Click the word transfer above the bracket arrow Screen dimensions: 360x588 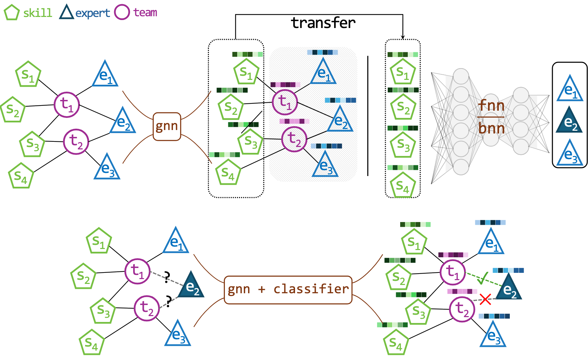pos(323,23)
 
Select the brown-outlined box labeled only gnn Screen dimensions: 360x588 pos(167,126)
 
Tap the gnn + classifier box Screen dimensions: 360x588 pos(288,289)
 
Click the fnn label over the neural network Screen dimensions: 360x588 pos(491,105)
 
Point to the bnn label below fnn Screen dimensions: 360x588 pos(491,128)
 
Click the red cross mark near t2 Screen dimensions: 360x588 pos(486,299)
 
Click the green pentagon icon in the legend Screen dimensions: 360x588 pos(11,12)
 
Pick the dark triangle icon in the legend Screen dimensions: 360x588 pos(66,13)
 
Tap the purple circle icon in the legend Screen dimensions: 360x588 pos(122,12)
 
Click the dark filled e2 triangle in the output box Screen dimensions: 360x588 pos(569,121)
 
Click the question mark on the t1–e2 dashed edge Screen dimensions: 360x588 pos(167,277)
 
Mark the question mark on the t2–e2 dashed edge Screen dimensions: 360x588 pos(168,301)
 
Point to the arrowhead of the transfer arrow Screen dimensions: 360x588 pos(403,37)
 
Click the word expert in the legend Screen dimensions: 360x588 pos(93,13)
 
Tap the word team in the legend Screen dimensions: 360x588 pos(145,12)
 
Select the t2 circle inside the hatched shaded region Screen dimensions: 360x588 pos(294,139)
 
